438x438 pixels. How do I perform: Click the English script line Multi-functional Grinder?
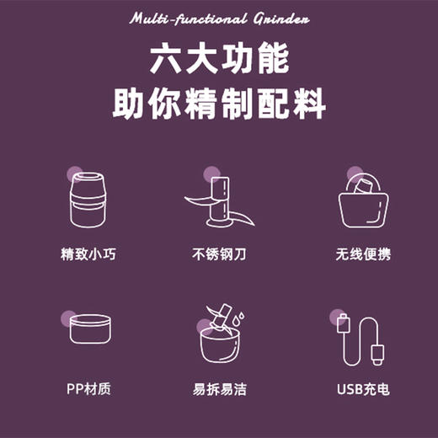tap(219, 19)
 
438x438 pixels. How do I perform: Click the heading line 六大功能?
tap(219, 60)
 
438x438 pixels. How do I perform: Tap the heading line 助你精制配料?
tap(219, 106)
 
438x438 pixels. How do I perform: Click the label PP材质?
tap(88, 389)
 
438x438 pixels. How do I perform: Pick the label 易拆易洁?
tap(219, 389)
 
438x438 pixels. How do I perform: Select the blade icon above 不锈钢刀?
tap(219, 202)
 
